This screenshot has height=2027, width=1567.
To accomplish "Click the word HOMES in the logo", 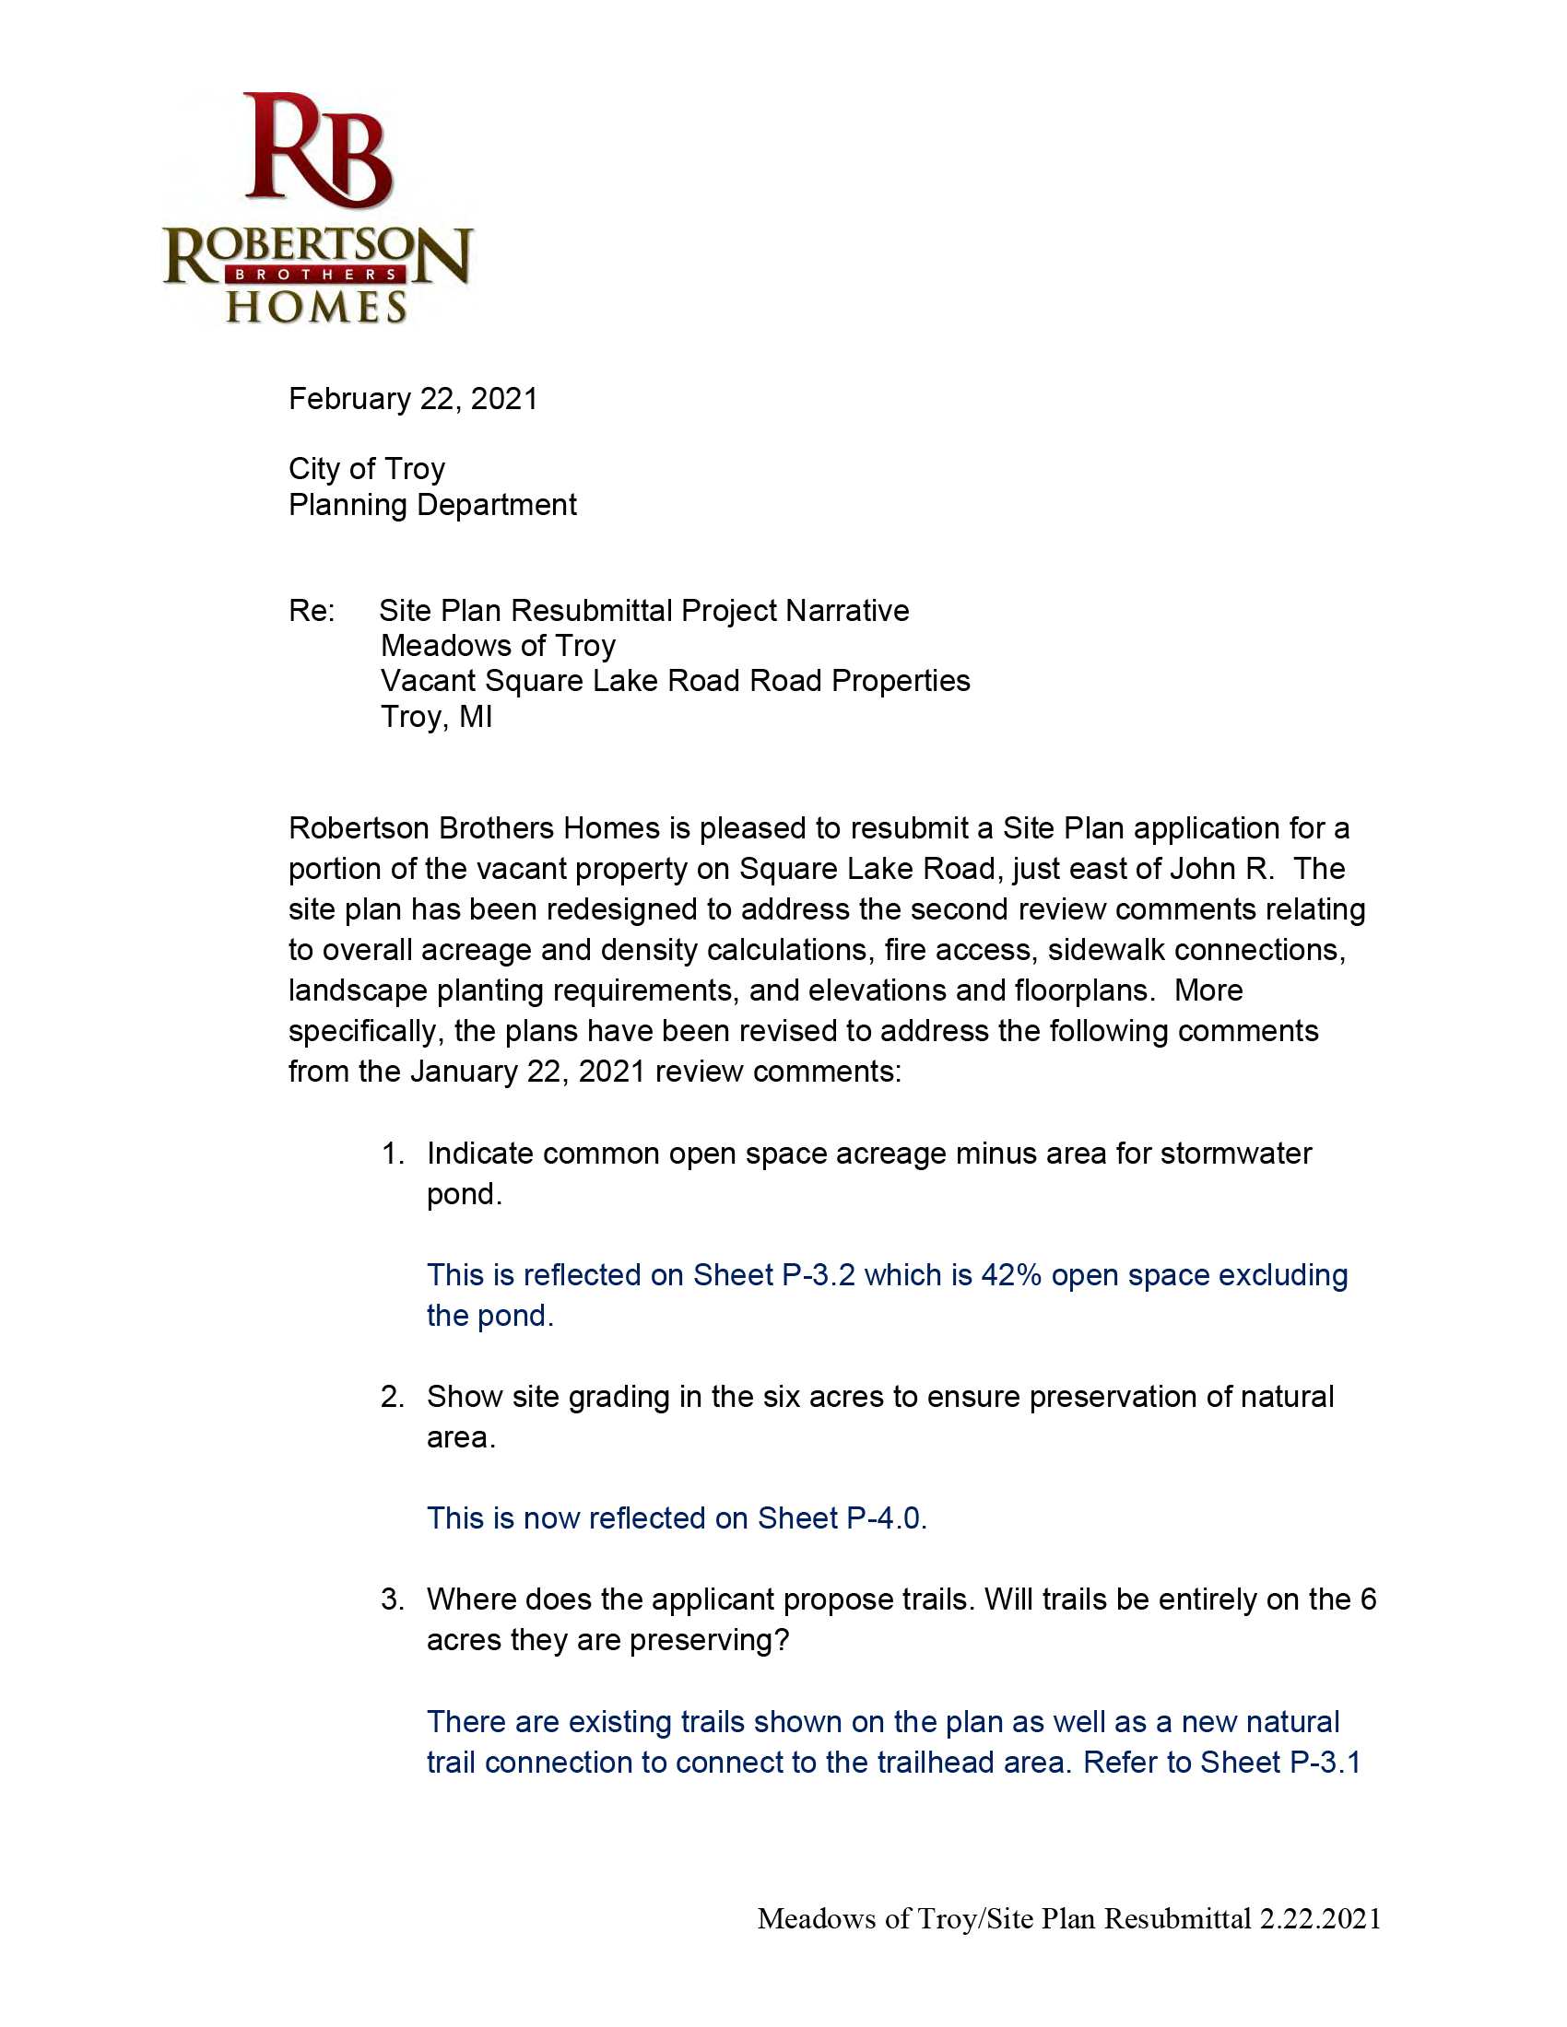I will [x=316, y=307].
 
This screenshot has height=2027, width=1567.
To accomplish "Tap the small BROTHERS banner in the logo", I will [x=316, y=275].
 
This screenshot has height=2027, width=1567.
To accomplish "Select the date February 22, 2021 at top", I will [x=413, y=399].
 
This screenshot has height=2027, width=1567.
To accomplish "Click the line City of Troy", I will [x=367, y=469].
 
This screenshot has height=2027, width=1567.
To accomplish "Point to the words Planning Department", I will [x=432, y=505].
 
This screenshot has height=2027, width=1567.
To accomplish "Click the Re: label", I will [x=311, y=611].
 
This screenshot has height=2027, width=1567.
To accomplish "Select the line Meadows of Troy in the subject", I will [x=498, y=645].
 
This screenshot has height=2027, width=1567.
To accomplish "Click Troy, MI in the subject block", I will [x=436, y=717].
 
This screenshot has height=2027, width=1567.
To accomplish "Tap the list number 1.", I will [x=392, y=1154].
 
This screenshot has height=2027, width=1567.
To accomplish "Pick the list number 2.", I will [x=392, y=1397].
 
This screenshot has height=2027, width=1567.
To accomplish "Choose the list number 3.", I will [x=392, y=1599].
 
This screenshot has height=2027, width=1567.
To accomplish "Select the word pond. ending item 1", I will [x=465, y=1194].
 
